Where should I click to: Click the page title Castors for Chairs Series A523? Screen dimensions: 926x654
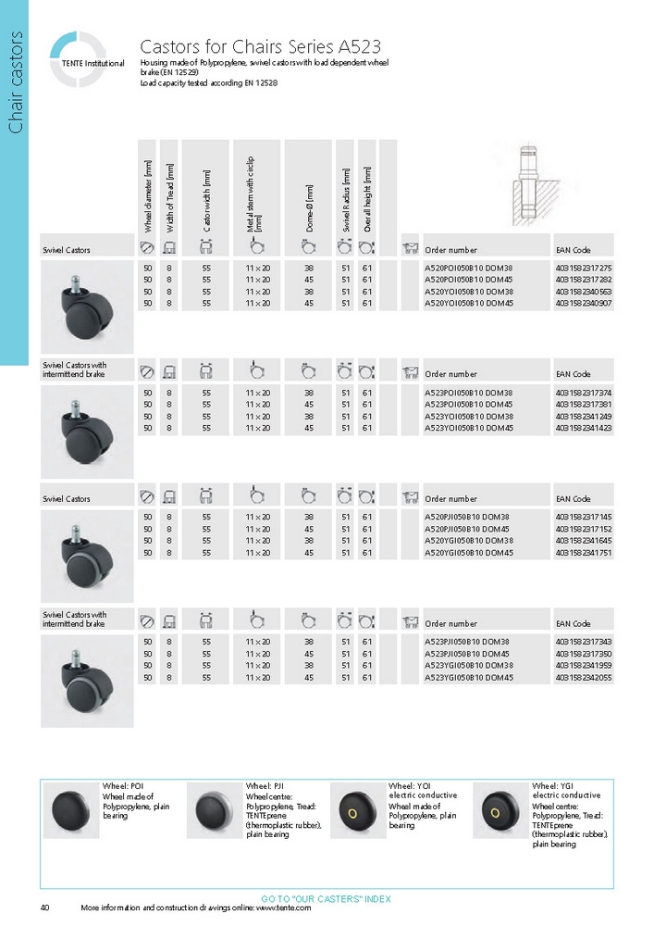(x=260, y=46)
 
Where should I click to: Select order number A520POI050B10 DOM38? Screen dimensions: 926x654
(x=468, y=268)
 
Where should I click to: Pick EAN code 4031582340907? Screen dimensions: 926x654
(x=584, y=304)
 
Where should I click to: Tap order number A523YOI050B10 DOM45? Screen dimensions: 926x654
(x=468, y=429)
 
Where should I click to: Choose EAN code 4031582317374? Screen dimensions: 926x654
(x=584, y=393)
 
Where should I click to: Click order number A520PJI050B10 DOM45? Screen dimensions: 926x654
(x=468, y=529)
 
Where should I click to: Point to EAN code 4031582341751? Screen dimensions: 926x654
(x=584, y=553)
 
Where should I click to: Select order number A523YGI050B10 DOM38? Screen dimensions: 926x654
(x=468, y=666)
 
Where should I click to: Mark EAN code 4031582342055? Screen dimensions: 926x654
(x=584, y=678)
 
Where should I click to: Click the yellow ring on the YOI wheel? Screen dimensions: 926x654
(x=352, y=814)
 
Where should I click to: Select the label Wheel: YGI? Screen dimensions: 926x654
(x=552, y=786)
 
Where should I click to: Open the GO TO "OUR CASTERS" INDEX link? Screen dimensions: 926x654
(x=327, y=899)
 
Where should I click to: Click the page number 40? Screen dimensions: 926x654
(x=45, y=907)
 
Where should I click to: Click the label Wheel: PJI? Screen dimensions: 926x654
(x=265, y=786)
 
